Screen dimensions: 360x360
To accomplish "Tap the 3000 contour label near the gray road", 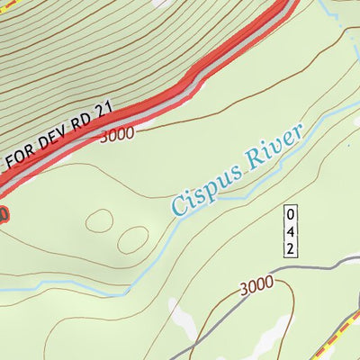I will coord(256,287).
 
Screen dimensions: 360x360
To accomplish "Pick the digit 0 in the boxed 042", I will coord(289,214).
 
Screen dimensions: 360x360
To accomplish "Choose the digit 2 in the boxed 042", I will coord(289,247).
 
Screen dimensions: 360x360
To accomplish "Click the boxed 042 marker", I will coord(289,231).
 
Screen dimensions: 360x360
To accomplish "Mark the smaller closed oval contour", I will coord(99,221).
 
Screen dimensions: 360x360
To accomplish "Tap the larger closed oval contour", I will coord(132,239).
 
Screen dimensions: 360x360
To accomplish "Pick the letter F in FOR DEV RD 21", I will coord(12,163).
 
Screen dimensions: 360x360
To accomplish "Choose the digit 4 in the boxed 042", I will coord(289,230).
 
